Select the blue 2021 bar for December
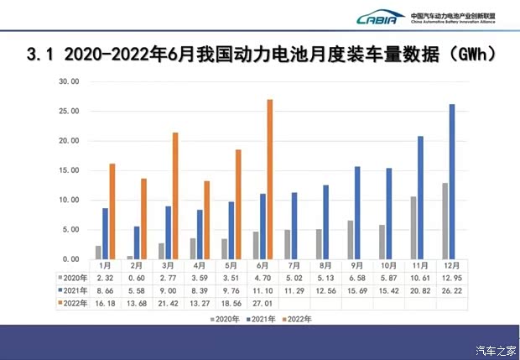(452, 181)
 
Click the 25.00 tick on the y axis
(69, 112)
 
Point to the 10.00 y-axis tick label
(69, 200)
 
